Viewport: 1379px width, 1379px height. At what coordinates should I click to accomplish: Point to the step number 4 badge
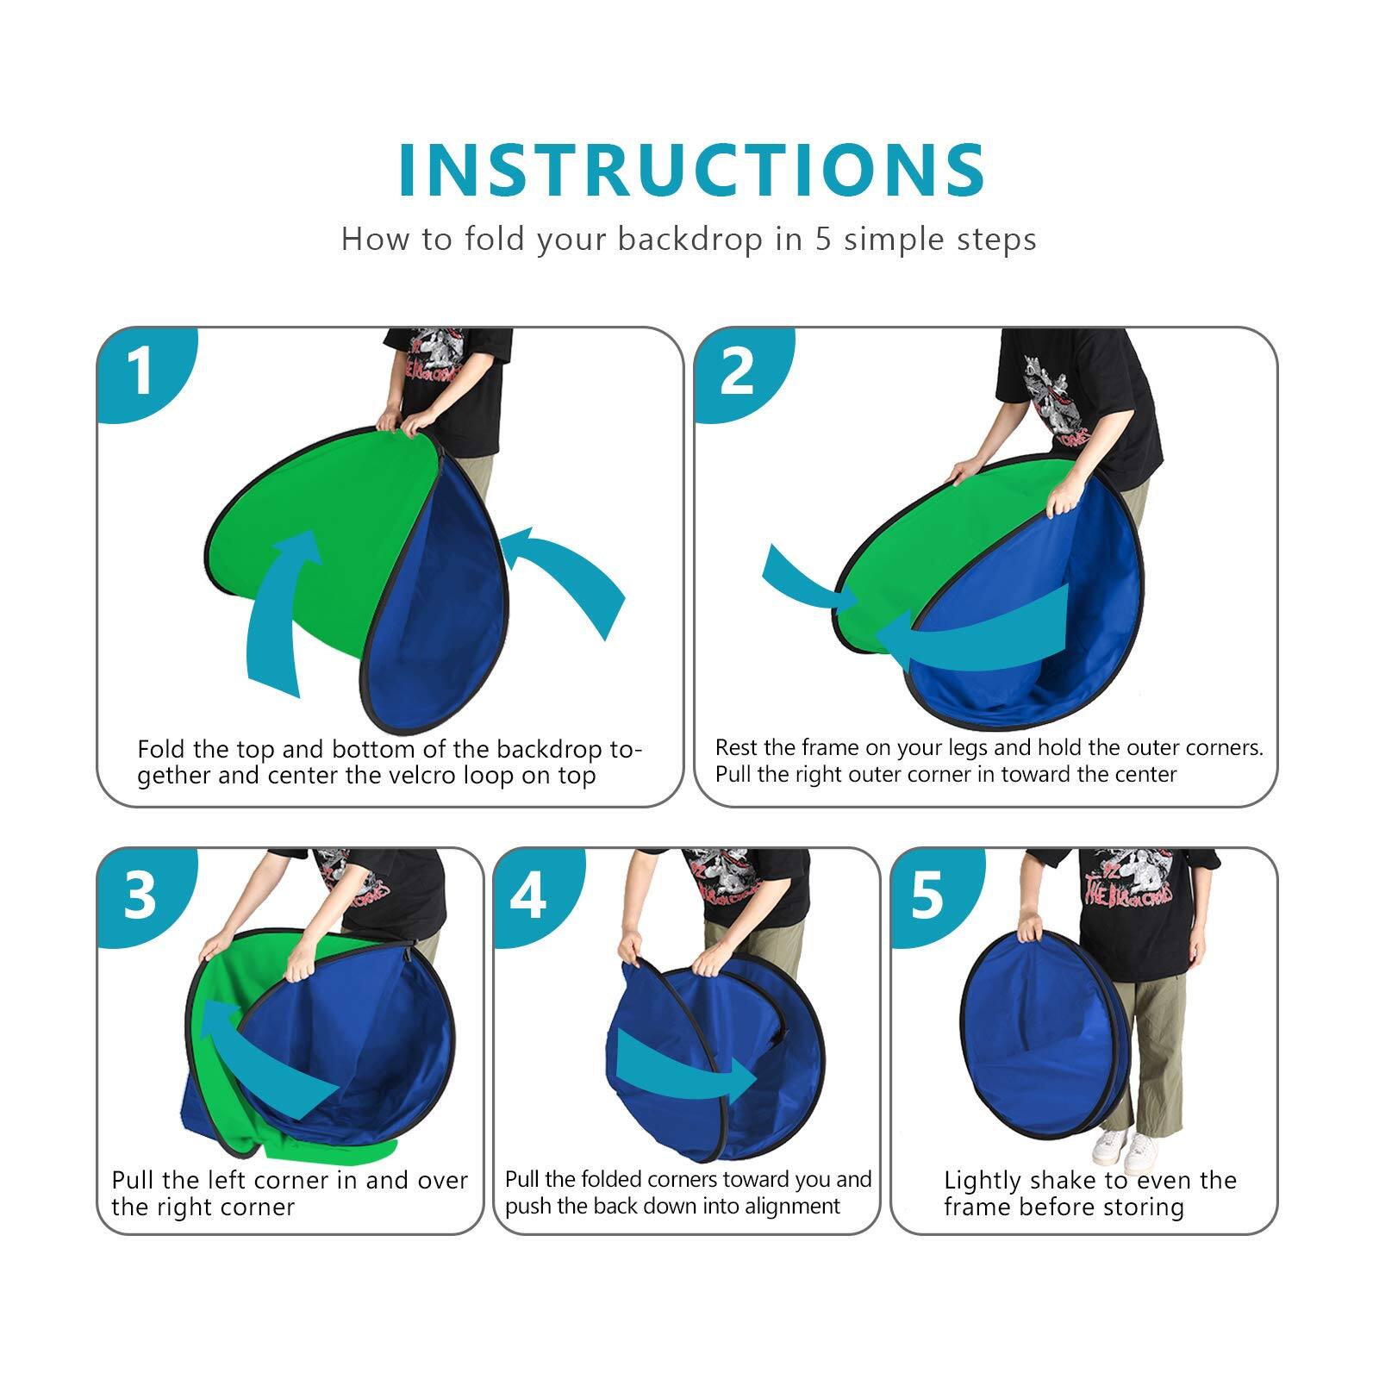pyautogui.click(x=528, y=895)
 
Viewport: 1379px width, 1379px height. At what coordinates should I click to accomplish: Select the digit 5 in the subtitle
pyautogui.click(x=824, y=239)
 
